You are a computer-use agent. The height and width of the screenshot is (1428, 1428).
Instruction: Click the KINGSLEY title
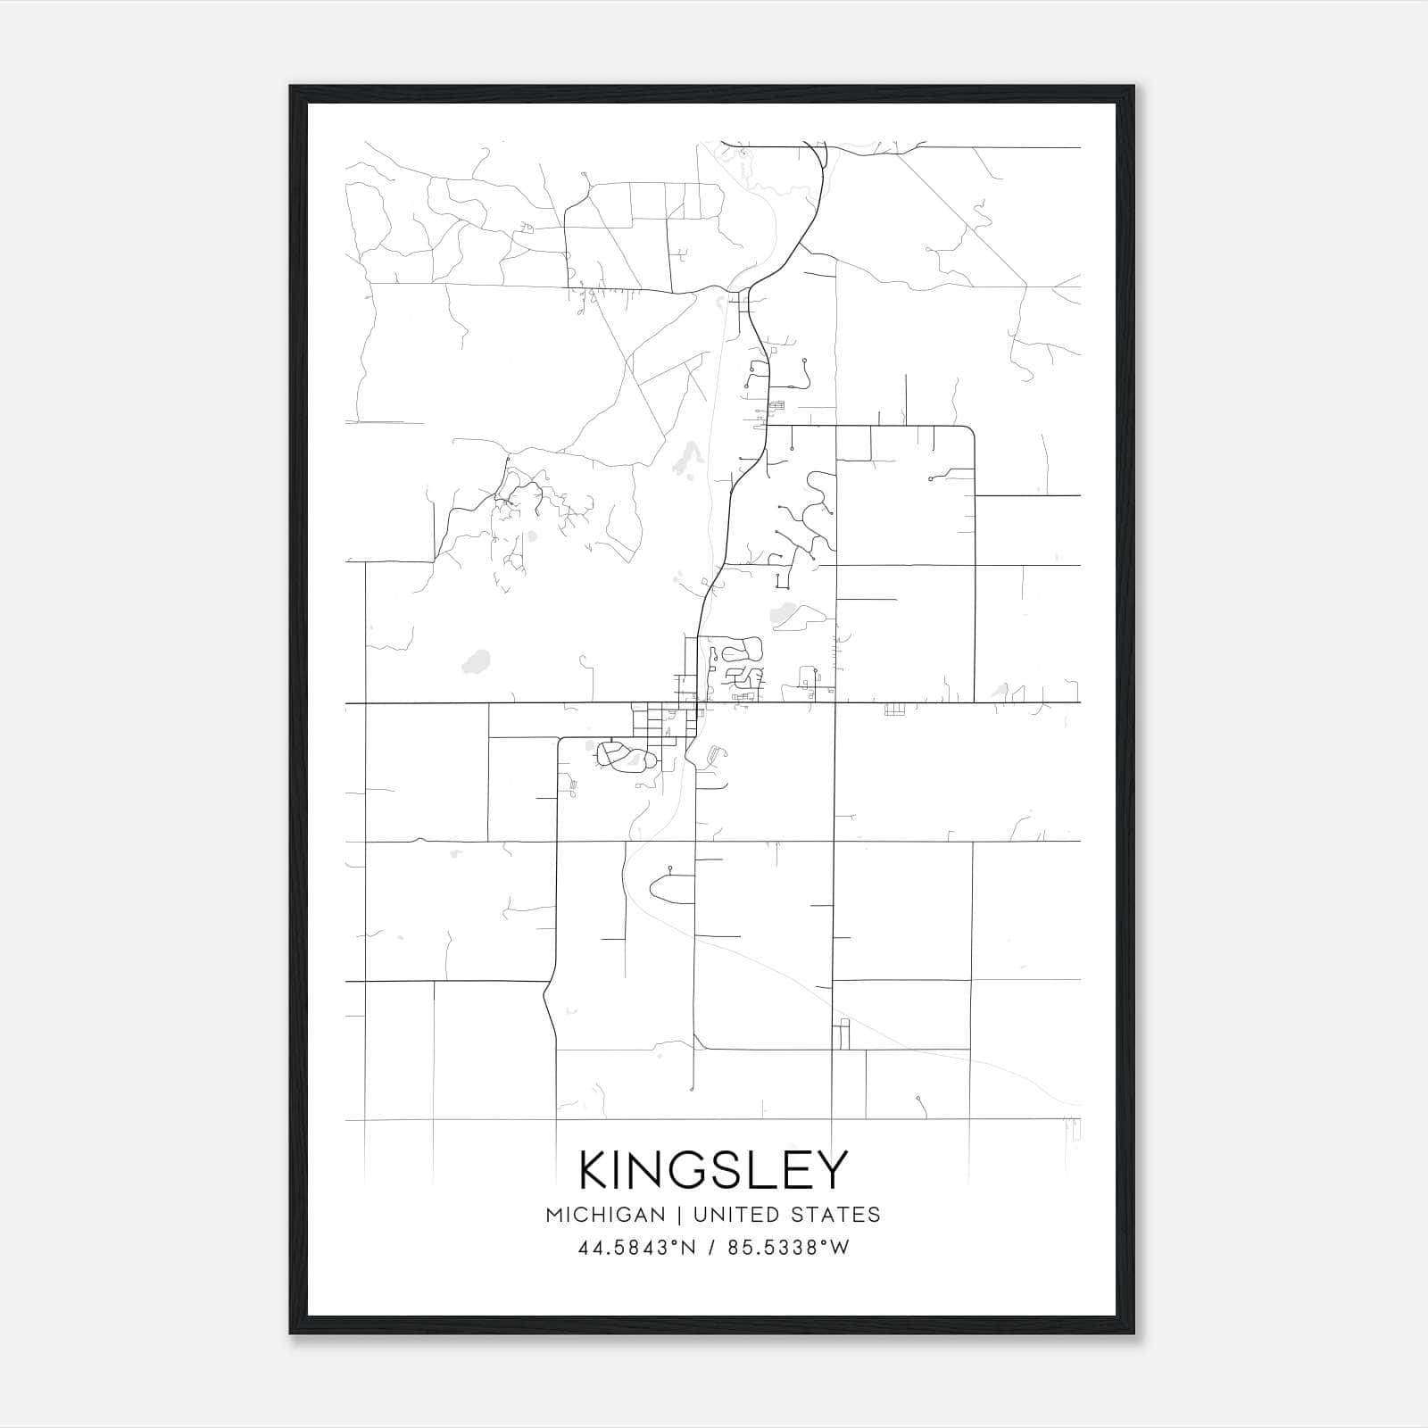713,1170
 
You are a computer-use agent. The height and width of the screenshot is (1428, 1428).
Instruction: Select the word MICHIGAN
605,1215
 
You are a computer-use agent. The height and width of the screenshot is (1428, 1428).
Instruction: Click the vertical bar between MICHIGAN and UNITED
679,1215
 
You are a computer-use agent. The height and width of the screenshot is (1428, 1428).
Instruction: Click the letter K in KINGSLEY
595,1170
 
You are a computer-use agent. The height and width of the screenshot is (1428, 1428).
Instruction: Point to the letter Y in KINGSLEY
832,1170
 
